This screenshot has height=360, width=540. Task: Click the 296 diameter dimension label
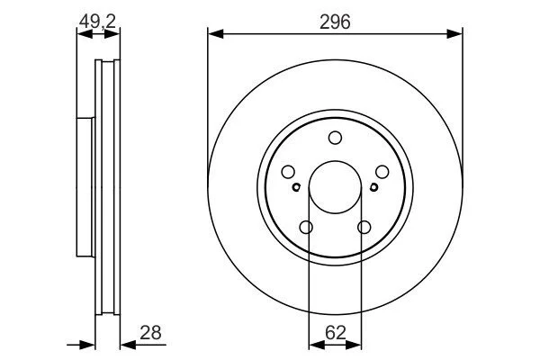click(x=335, y=22)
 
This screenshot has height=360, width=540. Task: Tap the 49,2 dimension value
click(x=97, y=22)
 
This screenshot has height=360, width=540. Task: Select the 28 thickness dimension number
click(x=150, y=333)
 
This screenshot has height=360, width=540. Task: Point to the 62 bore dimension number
click(x=335, y=333)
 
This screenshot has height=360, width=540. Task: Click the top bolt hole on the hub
click(x=335, y=138)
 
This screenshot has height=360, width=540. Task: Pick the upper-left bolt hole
click(x=288, y=172)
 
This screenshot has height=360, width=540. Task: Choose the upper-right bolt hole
click(x=382, y=172)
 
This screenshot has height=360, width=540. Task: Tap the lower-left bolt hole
click(x=306, y=228)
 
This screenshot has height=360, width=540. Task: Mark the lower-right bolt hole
click(x=364, y=228)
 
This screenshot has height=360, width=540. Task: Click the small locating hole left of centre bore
click(x=296, y=187)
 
